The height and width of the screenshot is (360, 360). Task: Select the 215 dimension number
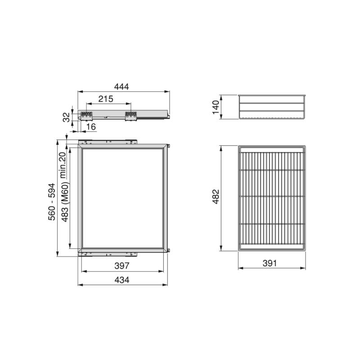(x=106, y=98)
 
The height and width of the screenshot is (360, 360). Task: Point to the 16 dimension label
(x=90, y=128)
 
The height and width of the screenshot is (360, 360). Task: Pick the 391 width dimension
(x=270, y=263)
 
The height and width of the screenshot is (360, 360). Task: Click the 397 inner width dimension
(x=121, y=265)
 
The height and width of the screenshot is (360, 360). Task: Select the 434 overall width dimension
(x=121, y=280)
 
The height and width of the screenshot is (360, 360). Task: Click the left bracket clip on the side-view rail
(x=86, y=116)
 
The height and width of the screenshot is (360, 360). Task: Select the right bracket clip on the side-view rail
(x=130, y=116)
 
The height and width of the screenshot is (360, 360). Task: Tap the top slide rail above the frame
(x=108, y=141)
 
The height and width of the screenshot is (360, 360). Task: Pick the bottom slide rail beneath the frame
(x=108, y=253)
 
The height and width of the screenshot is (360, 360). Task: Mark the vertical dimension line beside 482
(x=221, y=198)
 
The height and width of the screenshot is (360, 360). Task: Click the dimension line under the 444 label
(x=124, y=91)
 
